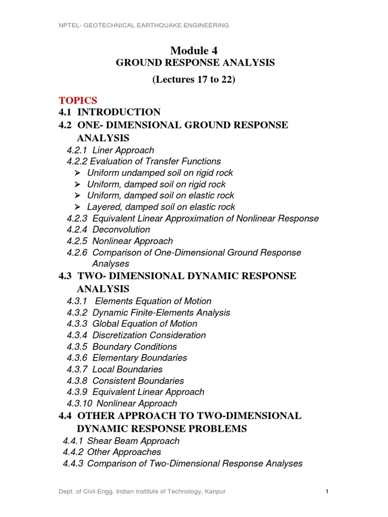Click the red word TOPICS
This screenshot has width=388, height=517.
click(x=78, y=100)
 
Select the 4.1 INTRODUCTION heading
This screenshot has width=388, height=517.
click(x=110, y=112)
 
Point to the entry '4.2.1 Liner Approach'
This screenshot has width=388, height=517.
click(x=111, y=150)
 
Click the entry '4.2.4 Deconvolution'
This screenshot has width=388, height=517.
click(x=108, y=230)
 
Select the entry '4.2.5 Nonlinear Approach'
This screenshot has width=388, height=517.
click(x=120, y=241)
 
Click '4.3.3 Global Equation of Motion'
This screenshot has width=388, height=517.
click(x=132, y=324)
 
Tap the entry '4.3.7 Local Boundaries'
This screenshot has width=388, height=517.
click(x=115, y=370)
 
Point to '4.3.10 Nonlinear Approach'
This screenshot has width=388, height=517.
click(x=122, y=403)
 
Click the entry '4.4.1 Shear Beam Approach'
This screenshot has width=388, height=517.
click(x=121, y=441)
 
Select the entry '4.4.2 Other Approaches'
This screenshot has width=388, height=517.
click(x=112, y=452)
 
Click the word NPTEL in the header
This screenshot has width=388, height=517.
click(x=70, y=25)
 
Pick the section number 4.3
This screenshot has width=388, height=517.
click(x=66, y=276)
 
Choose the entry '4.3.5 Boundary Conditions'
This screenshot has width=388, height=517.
click(x=122, y=347)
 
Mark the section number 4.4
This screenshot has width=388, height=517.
click(x=66, y=416)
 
